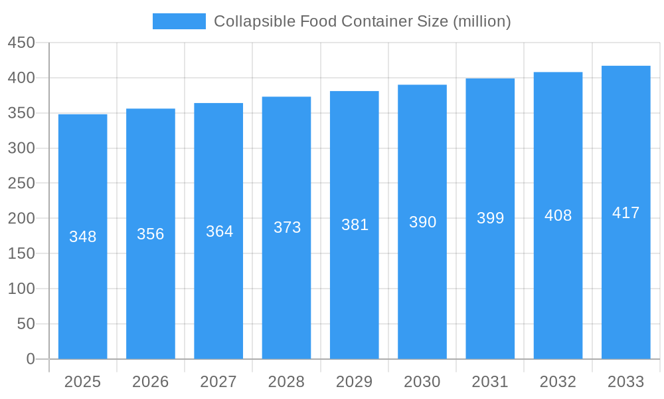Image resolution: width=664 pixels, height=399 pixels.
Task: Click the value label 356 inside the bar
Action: tap(151, 234)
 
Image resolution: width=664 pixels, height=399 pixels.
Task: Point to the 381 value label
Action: tap(355, 225)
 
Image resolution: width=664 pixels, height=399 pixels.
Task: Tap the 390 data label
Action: tap(422, 222)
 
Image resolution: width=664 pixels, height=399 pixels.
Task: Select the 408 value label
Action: tap(558, 215)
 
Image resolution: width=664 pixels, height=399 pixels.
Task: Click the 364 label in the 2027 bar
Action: tap(219, 231)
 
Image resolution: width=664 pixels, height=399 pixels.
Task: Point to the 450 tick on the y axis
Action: tap(21, 43)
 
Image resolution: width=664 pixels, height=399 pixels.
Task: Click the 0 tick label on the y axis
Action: tap(30, 359)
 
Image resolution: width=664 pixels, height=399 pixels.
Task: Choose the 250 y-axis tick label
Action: tap(21, 184)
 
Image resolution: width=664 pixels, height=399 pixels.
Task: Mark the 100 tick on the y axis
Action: tap(21, 289)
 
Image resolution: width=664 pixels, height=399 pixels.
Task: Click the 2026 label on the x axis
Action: tap(151, 382)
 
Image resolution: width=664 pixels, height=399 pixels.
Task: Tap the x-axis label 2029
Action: tap(355, 382)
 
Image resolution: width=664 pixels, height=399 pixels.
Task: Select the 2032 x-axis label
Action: tap(558, 382)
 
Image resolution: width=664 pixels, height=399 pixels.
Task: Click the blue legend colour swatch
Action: tap(179, 21)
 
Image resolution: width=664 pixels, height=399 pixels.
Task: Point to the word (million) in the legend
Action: tap(481, 21)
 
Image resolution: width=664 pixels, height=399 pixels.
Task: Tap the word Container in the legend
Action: tap(373, 21)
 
